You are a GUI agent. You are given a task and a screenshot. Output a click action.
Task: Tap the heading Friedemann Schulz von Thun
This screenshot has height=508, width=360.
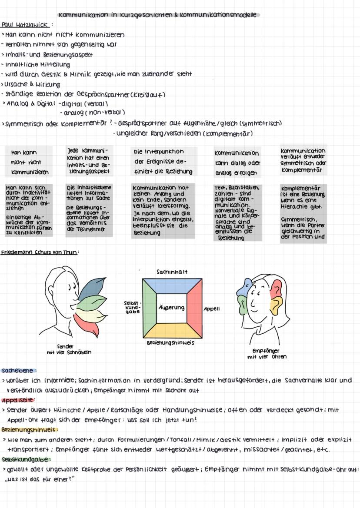(x=39, y=252)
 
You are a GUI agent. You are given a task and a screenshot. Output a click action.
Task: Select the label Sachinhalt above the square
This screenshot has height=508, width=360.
(x=172, y=272)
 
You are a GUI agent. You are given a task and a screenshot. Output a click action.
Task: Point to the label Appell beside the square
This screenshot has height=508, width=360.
(x=212, y=309)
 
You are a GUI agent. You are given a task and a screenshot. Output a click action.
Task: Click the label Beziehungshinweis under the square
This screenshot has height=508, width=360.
(x=170, y=343)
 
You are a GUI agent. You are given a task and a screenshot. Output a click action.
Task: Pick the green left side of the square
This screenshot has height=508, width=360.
(x=149, y=308)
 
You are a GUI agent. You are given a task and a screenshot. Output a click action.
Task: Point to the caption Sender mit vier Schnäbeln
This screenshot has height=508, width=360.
(x=69, y=349)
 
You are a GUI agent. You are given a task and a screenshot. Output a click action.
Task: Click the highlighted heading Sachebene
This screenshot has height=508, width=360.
(x=17, y=371)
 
